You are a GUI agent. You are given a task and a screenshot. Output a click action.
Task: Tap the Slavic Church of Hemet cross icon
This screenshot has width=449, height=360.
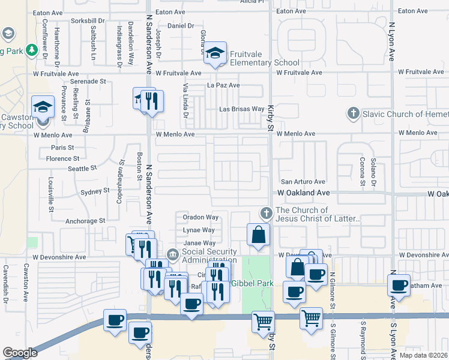(x=354, y=113)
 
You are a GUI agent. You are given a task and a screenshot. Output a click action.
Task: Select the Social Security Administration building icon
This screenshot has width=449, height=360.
(x=173, y=256)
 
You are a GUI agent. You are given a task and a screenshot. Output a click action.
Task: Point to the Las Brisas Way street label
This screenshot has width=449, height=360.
(x=241, y=109)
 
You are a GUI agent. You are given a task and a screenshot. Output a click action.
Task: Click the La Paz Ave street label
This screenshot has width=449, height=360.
(x=223, y=85)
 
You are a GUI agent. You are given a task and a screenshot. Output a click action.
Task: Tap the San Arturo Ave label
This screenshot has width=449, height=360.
(x=303, y=182)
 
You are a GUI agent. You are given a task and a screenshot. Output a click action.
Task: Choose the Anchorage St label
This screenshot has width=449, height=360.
(x=85, y=221)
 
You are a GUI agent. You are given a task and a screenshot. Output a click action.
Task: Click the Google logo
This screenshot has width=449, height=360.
(x=20, y=352)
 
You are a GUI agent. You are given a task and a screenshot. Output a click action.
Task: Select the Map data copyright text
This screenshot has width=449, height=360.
(x=423, y=355)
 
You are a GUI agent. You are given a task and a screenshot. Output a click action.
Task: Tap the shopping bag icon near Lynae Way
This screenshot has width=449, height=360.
(x=258, y=234)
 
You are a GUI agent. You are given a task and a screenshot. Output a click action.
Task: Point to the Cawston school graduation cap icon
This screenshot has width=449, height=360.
(x=43, y=107)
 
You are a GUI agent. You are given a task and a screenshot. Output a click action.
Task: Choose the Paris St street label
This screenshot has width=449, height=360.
(x=62, y=147)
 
